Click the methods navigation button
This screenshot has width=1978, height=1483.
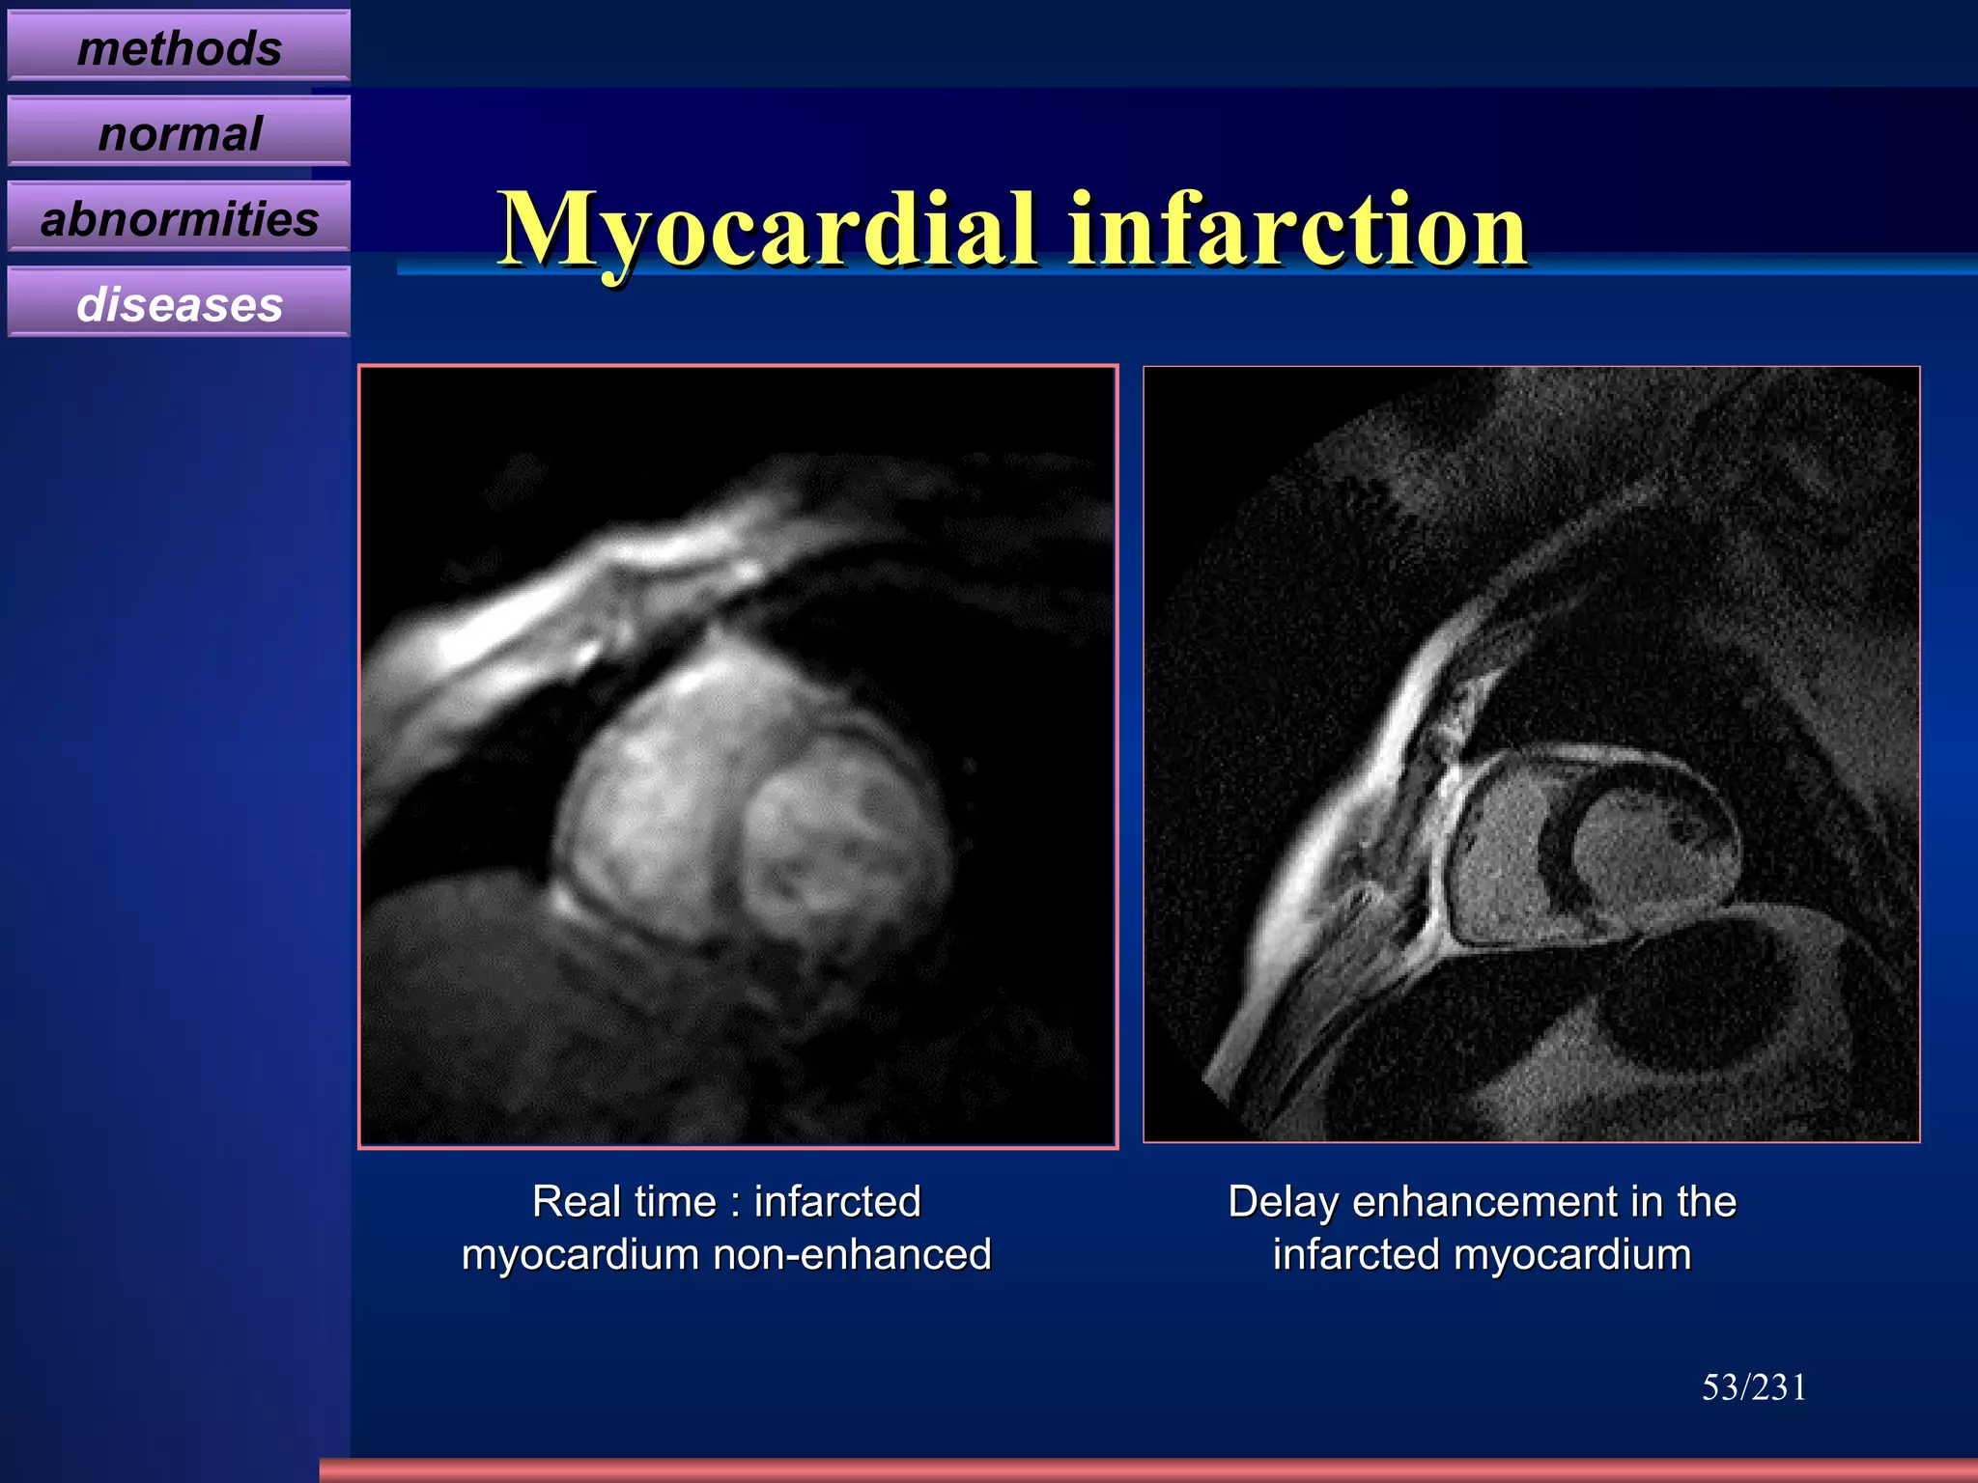[179, 46]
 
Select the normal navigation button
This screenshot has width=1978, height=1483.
[179, 132]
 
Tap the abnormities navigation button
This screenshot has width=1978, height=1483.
[179, 217]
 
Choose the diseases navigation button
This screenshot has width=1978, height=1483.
[179, 303]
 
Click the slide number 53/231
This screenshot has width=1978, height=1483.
[1753, 1387]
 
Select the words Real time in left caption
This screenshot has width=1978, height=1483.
[624, 1202]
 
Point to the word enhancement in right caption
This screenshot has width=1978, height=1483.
[1483, 1202]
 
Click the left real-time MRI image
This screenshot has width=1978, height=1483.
[738, 756]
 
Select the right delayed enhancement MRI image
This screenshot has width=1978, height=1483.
[1531, 754]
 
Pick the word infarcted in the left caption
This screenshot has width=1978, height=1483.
[836, 1202]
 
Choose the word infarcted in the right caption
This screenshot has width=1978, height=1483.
[1355, 1255]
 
